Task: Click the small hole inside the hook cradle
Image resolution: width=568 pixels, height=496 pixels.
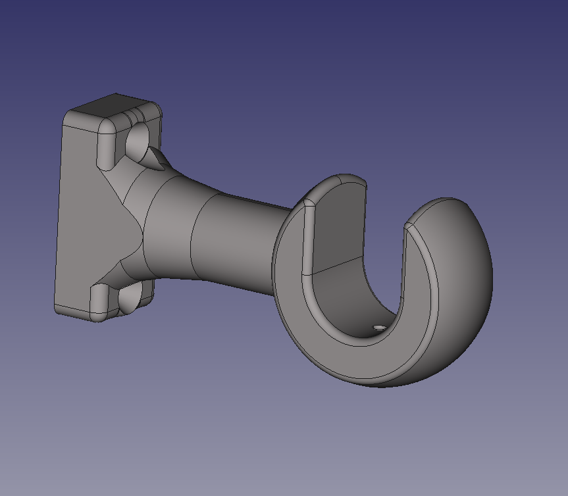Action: (379, 326)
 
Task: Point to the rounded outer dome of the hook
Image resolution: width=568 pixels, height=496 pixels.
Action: (461, 276)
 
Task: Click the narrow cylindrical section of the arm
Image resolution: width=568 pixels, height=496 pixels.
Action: (237, 243)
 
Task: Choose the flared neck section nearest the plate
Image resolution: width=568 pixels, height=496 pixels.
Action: (168, 224)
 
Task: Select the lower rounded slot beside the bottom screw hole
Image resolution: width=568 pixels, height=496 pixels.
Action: (99, 299)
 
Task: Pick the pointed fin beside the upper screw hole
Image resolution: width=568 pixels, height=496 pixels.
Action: (158, 158)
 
